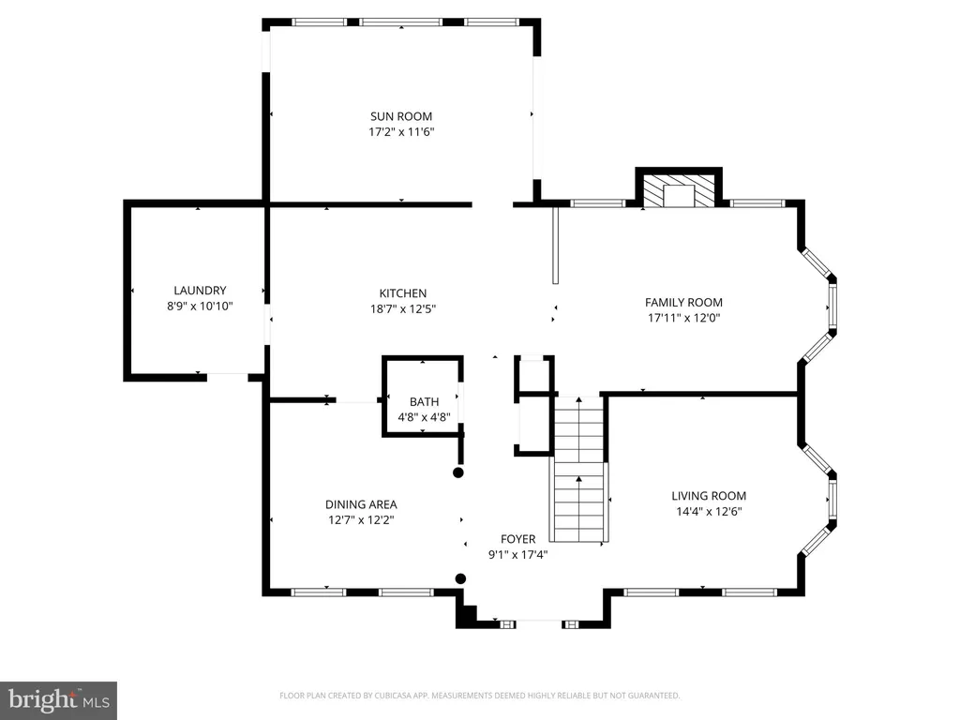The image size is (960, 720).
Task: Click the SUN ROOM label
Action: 401,116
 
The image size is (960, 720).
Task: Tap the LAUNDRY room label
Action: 200,291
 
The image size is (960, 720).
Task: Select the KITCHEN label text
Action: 403,293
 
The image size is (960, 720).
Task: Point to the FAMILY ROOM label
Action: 683,302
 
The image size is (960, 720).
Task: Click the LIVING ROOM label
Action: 709,496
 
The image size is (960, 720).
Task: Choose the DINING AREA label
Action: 361,504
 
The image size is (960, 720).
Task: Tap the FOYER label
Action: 517,539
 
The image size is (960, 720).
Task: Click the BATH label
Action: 424,401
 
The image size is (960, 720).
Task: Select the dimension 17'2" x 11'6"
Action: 401,131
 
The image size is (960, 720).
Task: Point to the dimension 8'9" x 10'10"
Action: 200,306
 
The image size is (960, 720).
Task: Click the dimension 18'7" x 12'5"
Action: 403,308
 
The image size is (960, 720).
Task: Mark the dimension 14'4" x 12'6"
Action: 709,511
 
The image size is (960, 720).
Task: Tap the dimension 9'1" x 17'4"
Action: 517,555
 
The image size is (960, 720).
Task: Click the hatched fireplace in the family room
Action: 679,189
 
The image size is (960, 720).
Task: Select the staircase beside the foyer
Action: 579,469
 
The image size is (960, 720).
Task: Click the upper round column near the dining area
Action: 457,472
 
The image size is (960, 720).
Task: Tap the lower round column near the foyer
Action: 461,578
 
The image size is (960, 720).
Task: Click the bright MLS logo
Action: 58,700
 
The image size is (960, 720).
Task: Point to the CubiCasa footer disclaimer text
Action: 479,696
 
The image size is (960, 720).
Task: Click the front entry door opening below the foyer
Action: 539,623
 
